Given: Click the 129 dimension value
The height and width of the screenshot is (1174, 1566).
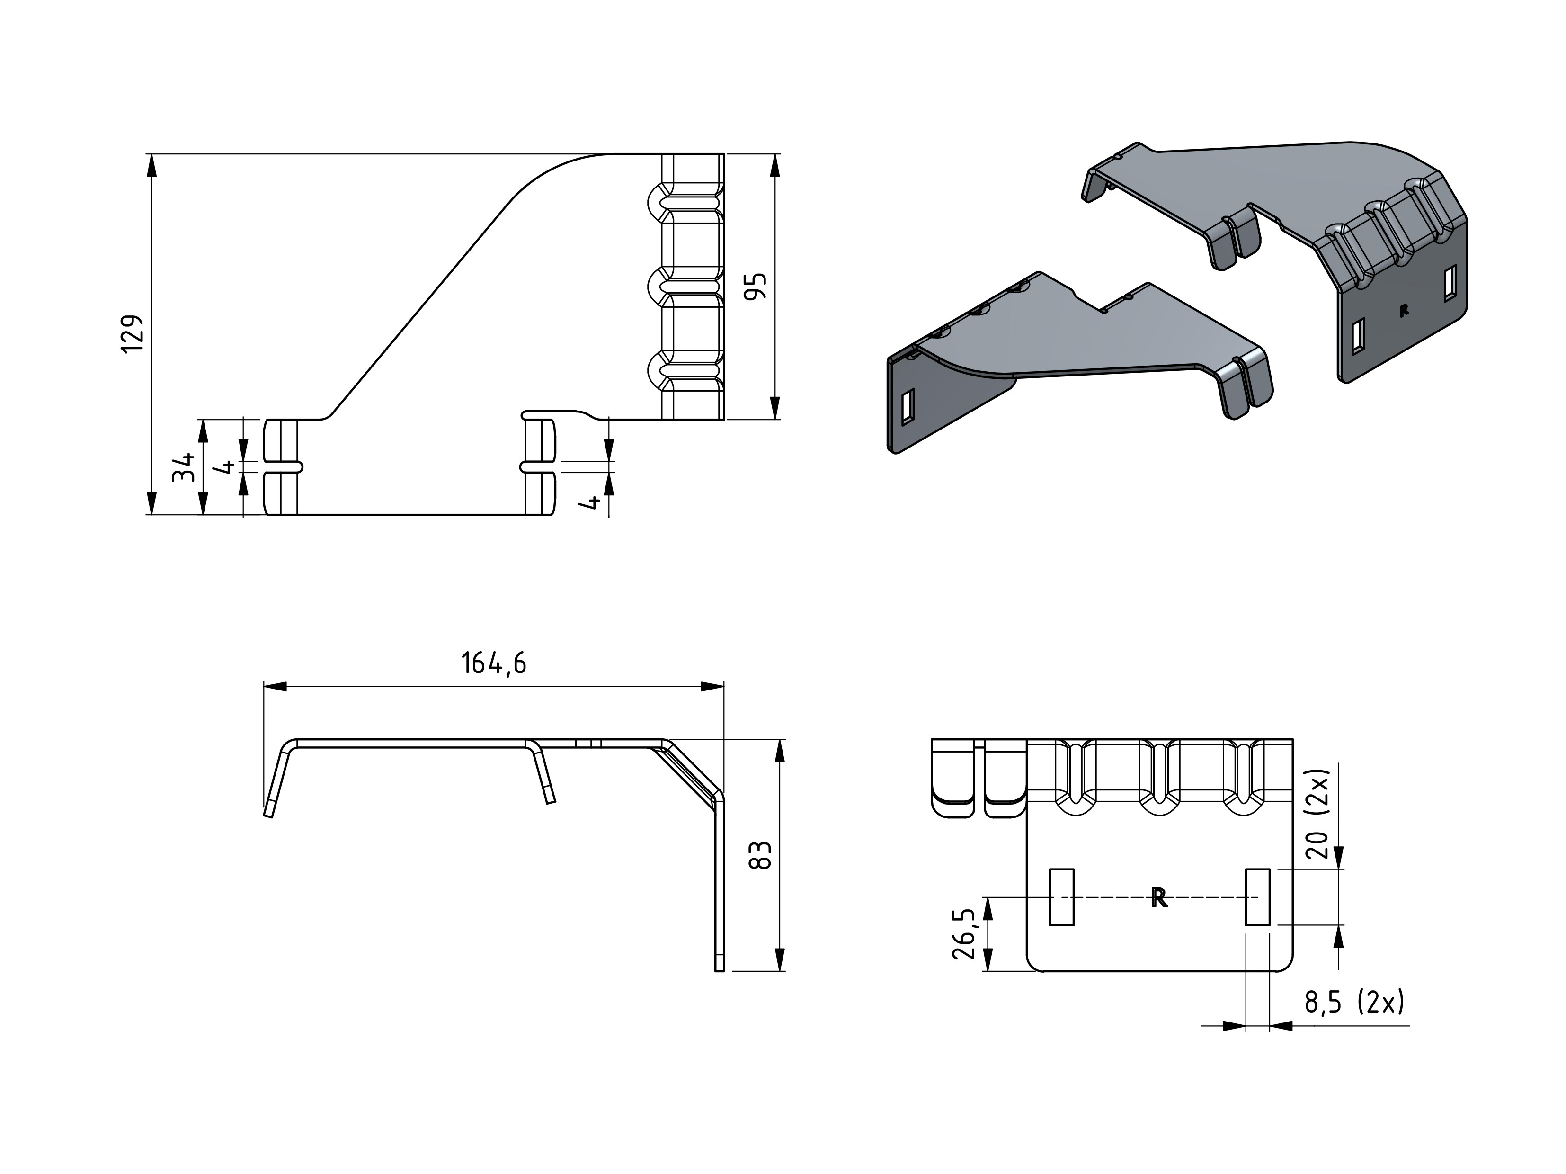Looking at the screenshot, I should [133, 333].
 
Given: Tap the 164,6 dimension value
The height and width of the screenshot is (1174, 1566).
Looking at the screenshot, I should [493, 663].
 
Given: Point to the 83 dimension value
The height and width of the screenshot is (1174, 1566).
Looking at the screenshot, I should [760, 855].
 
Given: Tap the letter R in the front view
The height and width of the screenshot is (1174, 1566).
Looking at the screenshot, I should [1159, 898].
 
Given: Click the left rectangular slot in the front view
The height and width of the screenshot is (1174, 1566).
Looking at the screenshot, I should [1061, 896].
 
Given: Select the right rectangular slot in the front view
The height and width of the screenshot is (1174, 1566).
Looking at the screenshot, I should [1257, 896].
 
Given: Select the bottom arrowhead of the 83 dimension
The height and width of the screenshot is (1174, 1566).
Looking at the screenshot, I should [780, 959].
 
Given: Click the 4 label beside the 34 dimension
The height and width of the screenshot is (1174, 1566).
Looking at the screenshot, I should [228, 466].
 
